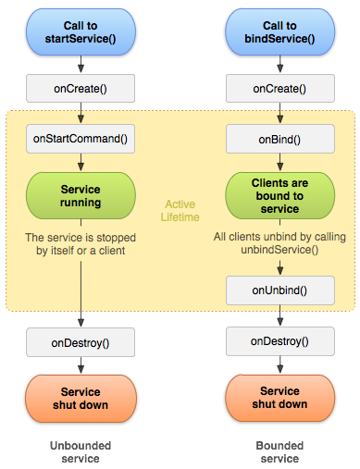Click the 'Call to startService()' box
81,31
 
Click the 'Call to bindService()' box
279,31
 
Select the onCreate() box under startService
81,89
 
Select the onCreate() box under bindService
279,89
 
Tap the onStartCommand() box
81,139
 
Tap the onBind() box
279,139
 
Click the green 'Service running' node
81,196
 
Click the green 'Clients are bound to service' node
279,196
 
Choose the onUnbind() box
279,290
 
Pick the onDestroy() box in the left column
81,342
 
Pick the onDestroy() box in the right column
279,341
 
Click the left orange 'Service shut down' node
81,399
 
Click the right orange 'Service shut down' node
279,399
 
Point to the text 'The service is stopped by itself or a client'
81,244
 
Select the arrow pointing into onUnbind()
279,266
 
